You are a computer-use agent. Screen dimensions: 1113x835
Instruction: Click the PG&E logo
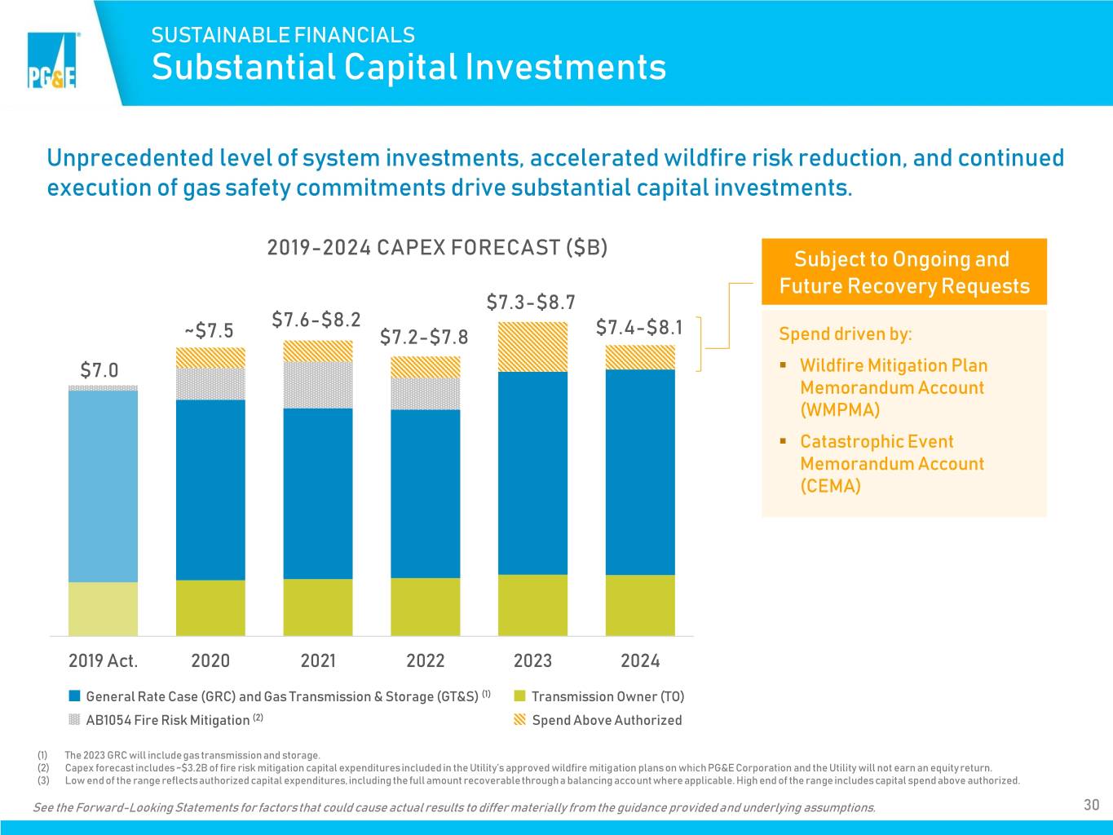click(53, 60)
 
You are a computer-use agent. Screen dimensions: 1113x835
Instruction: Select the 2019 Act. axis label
click(103, 660)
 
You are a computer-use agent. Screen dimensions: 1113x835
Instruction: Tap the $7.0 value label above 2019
click(99, 370)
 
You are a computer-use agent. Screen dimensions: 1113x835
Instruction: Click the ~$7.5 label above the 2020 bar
click(209, 330)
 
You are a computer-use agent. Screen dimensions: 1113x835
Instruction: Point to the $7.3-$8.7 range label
click(531, 303)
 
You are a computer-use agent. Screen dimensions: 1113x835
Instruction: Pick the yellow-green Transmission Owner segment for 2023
click(532, 605)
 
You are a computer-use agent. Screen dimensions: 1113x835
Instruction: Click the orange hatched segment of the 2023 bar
click(532, 347)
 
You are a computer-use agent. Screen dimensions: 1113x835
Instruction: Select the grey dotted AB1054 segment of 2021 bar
click(318, 385)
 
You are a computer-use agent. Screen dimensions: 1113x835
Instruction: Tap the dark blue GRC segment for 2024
click(640, 472)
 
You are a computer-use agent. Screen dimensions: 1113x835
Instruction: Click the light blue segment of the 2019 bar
click(103, 486)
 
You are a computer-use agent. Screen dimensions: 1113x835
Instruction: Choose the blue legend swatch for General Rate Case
click(74, 696)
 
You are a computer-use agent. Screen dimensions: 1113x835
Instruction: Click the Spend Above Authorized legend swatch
click(519, 719)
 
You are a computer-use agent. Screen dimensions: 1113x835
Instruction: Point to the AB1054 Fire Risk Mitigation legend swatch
click(74, 719)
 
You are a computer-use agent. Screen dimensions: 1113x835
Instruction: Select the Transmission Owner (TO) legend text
click(608, 696)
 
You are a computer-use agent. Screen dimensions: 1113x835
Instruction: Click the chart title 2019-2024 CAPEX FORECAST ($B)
click(437, 247)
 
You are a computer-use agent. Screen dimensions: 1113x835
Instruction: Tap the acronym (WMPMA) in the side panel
click(840, 409)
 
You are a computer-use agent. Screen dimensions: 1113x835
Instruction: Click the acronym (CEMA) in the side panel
click(831, 486)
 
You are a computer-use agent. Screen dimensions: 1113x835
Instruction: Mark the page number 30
click(1091, 805)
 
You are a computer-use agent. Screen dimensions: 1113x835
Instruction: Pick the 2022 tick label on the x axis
click(426, 660)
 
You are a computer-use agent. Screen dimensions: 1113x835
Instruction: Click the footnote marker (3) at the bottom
click(43, 780)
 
